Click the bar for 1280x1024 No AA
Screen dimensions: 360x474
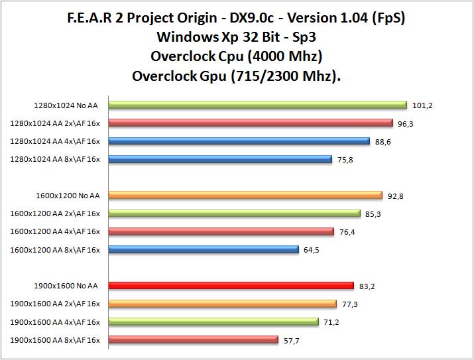pyautogui.click(x=257, y=105)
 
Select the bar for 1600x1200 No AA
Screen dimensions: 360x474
pyautogui.click(x=245, y=195)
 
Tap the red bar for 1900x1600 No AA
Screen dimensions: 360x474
pyautogui.click(x=231, y=286)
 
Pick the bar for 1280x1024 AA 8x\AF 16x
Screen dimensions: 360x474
pyautogui.click(x=219, y=159)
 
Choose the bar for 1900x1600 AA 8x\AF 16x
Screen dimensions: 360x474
pyautogui.click(x=193, y=340)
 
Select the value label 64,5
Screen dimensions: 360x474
pyautogui.click(x=312, y=250)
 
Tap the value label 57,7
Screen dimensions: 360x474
pyautogui.click(x=292, y=340)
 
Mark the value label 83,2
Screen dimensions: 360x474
pyautogui.click(x=368, y=286)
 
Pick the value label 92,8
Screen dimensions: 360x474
pyautogui.click(x=396, y=196)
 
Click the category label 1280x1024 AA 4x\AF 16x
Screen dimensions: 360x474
pyautogui.click(x=55, y=141)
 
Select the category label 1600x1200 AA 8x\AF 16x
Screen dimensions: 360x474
pyautogui.click(x=55, y=250)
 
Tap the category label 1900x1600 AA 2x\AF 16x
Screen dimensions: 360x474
pyautogui.click(x=55, y=304)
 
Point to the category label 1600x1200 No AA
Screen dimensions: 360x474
pyautogui.click(x=68, y=196)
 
